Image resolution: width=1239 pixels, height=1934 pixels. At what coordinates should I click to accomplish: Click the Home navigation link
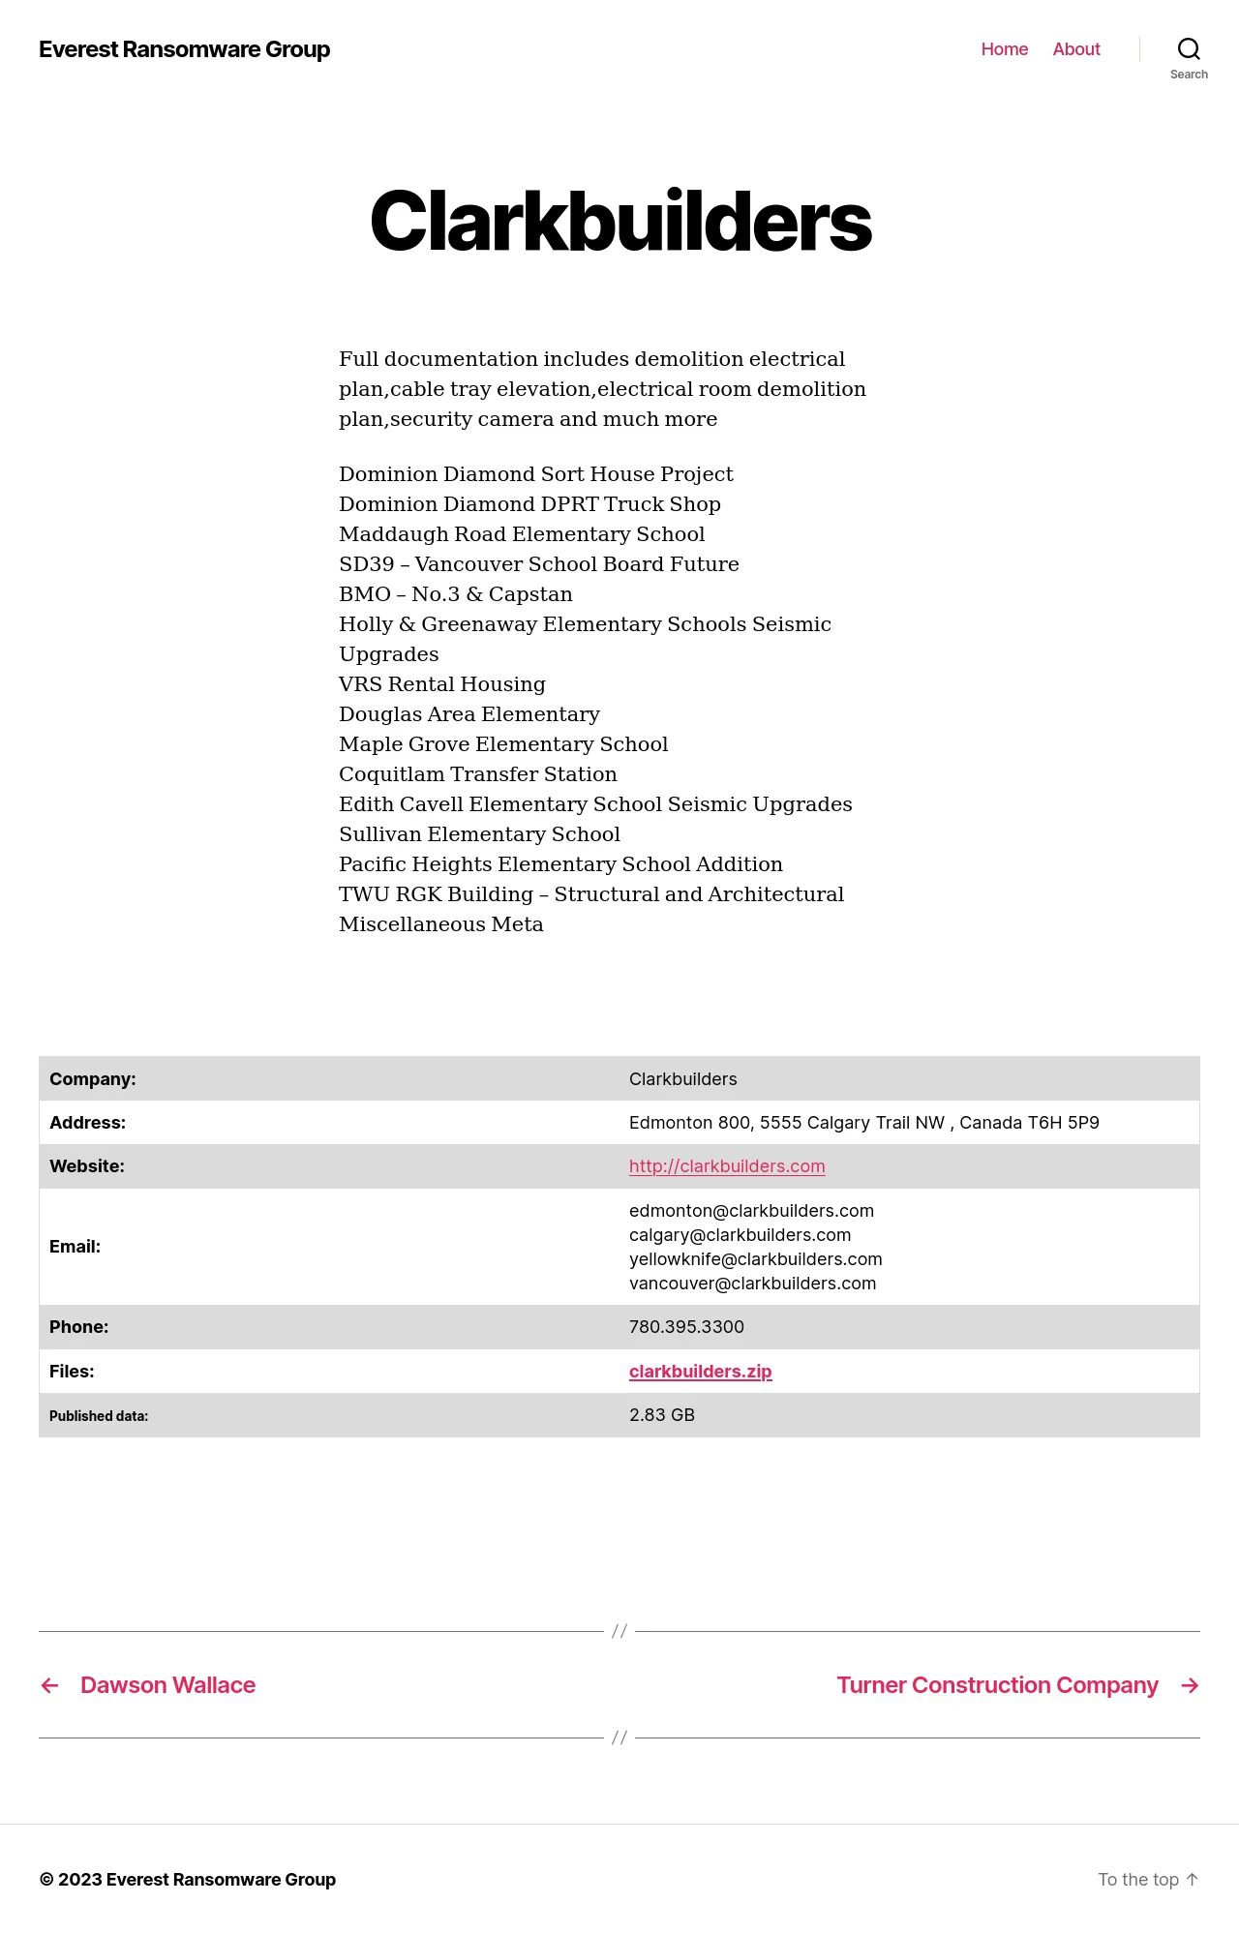[x=1004, y=49]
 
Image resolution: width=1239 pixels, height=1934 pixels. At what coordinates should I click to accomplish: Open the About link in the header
[x=1076, y=49]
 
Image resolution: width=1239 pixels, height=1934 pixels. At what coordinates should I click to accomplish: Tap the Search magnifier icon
[x=1189, y=49]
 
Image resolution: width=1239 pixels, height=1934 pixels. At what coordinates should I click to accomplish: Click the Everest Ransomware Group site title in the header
[x=184, y=49]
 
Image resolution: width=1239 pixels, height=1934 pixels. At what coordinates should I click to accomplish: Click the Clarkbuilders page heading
[x=620, y=222]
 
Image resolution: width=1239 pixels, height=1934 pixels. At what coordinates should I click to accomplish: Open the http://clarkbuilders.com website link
[x=727, y=1166]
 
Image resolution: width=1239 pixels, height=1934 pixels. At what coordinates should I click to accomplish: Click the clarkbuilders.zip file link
[x=700, y=1372]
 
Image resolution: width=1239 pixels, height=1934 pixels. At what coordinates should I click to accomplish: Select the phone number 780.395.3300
[x=686, y=1327]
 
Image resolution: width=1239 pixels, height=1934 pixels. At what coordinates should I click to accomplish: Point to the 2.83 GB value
[x=662, y=1415]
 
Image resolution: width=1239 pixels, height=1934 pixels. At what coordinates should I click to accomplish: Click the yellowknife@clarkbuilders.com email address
[x=755, y=1259]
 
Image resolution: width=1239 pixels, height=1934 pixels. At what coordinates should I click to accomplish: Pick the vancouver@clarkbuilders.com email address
[x=752, y=1284]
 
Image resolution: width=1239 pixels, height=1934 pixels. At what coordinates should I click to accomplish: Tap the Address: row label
[x=87, y=1123]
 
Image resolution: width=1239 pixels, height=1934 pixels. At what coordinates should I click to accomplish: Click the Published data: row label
[x=99, y=1416]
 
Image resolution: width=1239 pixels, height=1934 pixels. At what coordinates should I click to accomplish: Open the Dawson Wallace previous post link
[x=167, y=1685]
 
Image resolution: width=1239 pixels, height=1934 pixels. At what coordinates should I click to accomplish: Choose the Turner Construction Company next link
[x=997, y=1685]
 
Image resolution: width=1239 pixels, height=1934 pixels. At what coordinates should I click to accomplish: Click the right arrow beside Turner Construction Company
[x=1191, y=1686]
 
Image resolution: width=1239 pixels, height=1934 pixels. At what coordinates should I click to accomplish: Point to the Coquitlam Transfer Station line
[x=478, y=774]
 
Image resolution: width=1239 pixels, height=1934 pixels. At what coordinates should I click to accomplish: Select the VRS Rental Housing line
[x=442, y=684]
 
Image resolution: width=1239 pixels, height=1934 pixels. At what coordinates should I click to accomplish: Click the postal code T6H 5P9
[x=1063, y=1123]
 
